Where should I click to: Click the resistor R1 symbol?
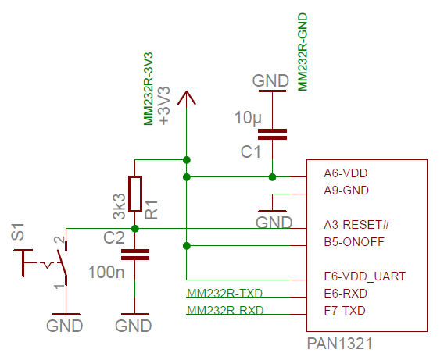click(x=135, y=194)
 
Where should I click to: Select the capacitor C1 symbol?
click(x=272, y=134)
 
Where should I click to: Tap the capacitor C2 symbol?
click(x=135, y=255)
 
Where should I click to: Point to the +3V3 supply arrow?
click(x=186, y=98)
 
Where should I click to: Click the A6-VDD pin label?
click(x=346, y=173)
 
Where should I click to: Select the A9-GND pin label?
click(x=346, y=190)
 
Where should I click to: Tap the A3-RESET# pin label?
click(x=356, y=225)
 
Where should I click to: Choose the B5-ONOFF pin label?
click(x=354, y=242)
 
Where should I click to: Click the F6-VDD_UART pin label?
click(x=363, y=276)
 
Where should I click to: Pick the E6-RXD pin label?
click(x=346, y=294)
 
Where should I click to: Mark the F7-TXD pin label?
click(x=345, y=311)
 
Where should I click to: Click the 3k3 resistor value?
click(x=119, y=206)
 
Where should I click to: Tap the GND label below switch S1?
click(x=64, y=326)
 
